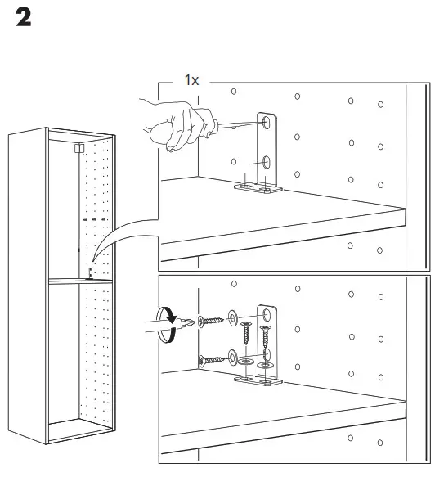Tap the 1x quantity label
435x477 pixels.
tap(192, 81)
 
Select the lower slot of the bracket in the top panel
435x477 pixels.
tap(267, 161)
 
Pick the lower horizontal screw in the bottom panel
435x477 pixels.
tap(211, 357)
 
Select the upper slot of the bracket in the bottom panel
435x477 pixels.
tap(266, 315)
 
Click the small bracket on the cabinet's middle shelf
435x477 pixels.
tap(91, 272)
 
